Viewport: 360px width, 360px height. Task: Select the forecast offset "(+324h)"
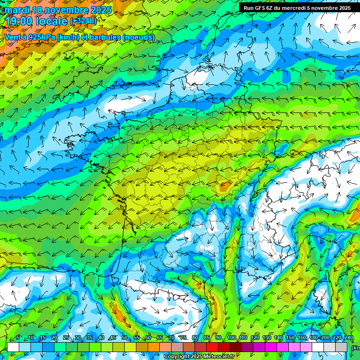click(83, 21)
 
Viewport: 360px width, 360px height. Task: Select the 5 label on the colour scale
click(18, 337)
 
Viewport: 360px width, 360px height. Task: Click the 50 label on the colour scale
click(124, 337)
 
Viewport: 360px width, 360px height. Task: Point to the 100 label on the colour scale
click(231, 337)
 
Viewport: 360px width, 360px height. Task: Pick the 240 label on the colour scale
click(348, 337)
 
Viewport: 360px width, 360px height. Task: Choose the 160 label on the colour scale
click(302, 337)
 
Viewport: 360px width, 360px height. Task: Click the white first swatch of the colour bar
click(13, 347)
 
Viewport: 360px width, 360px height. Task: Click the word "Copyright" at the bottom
click(176, 357)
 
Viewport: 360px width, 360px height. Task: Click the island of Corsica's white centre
click(322, 295)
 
